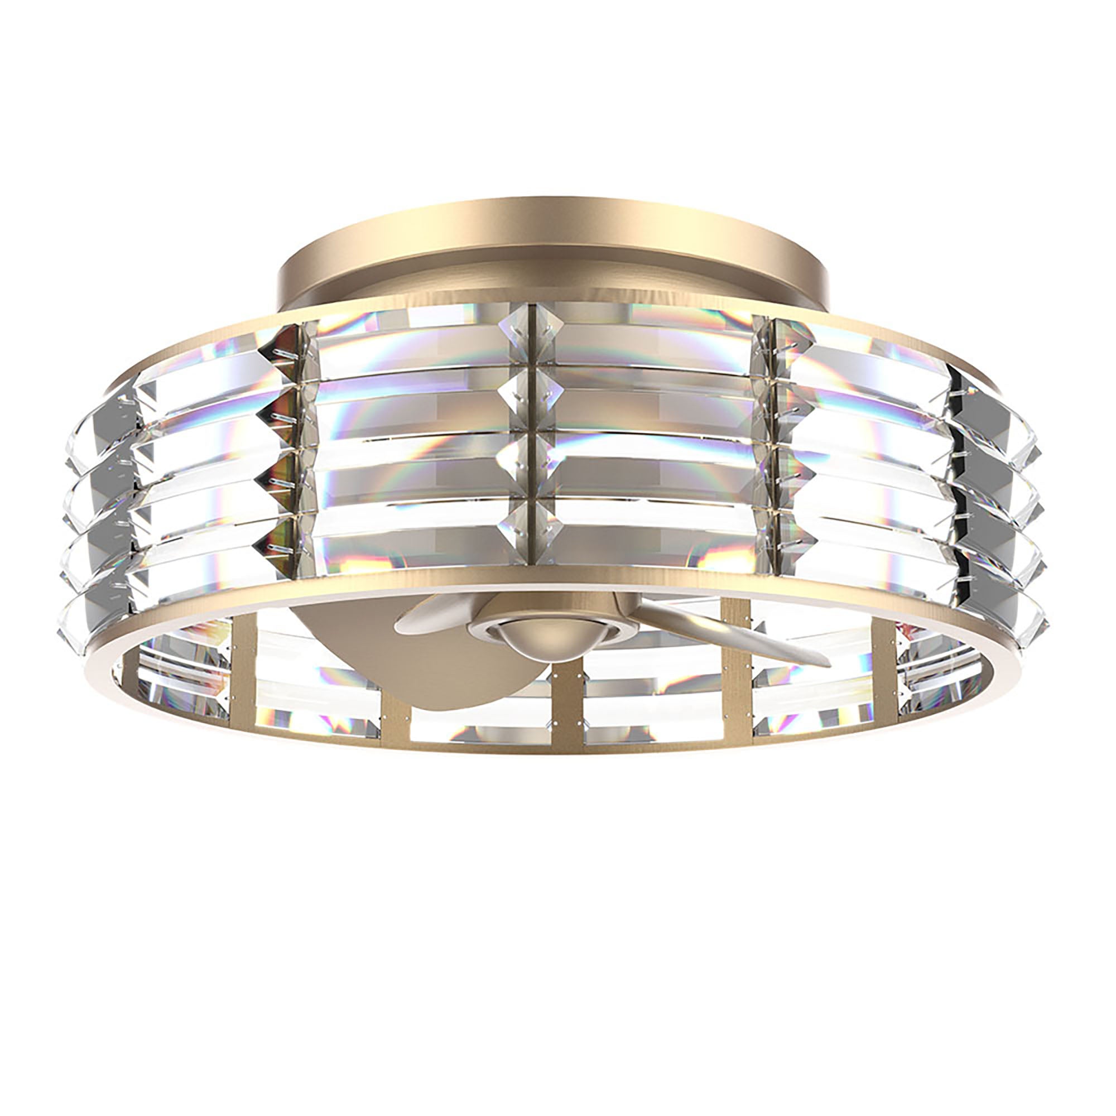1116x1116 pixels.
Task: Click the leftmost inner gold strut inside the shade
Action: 243,664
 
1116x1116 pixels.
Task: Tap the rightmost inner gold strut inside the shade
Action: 881,664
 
